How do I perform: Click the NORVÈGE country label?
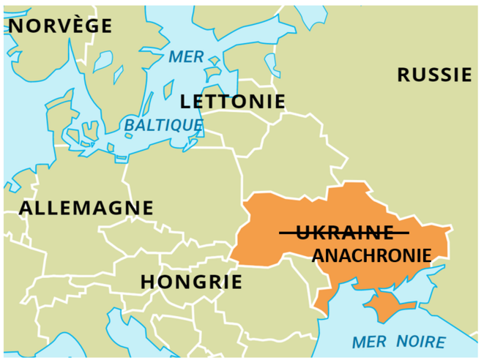pyautogui.click(x=59, y=26)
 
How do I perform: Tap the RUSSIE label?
pyautogui.click(x=433, y=74)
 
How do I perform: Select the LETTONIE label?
pyautogui.click(x=232, y=101)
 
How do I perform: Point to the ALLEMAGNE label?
pyautogui.click(x=86, y=208)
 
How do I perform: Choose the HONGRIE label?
pyautogui.click(x=190, y=282)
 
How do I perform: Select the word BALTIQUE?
pyautogui.click(x=163, y=125)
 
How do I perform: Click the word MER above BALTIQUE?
pyautogui.click(x=185, y=57)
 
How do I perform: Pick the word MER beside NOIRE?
pyautogui.click(x=370, y=341)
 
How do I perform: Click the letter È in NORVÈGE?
pyautogui.click(x=70, y=26)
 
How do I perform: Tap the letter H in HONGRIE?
pyautogui.click(x=148, y=282)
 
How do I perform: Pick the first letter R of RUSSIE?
pyautogui.click(x=404, y=74)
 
